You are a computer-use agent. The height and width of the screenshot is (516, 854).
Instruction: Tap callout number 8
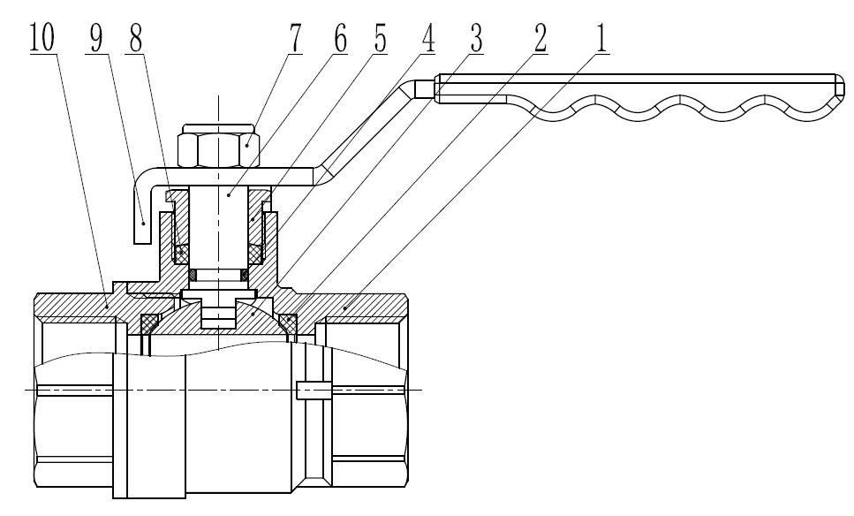pos(135,41)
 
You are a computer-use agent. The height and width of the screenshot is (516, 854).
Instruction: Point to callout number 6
pos(340,41)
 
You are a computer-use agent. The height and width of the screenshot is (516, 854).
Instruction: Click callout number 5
pos(382,41)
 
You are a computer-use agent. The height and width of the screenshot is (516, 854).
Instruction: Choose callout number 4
pos(426,41)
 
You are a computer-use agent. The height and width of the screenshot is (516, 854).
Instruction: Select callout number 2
pos(538,41)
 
